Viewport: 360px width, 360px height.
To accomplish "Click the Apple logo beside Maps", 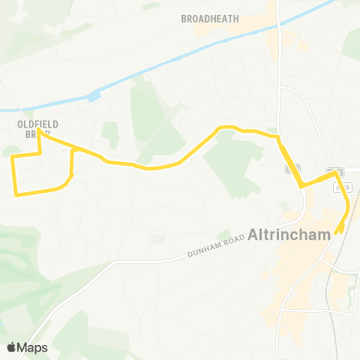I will pos(11,347).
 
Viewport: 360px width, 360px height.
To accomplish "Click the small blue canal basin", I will pos(94,96).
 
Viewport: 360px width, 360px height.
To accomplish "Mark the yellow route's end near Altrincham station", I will pos(338,230).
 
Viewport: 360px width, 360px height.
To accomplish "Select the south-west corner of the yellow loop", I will pos(16,195).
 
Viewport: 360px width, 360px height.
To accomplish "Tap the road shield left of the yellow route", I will pos(288,169).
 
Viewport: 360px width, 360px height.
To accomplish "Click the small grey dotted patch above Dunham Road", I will pos(157,238).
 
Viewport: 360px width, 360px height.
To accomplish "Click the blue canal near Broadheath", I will pos(187,59).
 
